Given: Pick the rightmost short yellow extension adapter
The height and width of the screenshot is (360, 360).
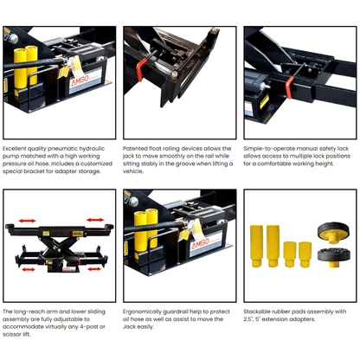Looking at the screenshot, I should pyautogui.click(x=304, y=254).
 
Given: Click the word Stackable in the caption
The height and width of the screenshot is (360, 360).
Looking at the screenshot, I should pyautogui.click(x=260, y=311).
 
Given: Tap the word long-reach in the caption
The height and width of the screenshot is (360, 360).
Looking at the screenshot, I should pyautogui.click(x=35, y=311).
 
